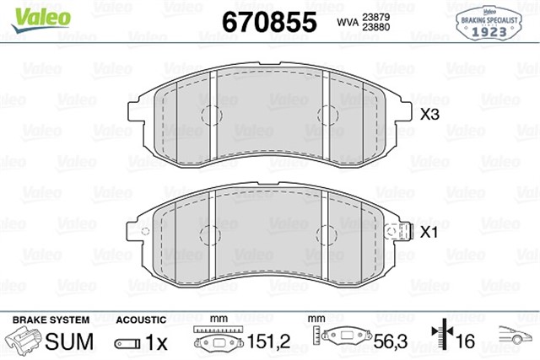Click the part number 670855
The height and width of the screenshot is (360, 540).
(268, 20)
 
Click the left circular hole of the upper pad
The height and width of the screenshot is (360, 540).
(210, 114)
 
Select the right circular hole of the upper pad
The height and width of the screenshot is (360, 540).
(326, 114)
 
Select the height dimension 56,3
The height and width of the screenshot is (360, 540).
(389, 341)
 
